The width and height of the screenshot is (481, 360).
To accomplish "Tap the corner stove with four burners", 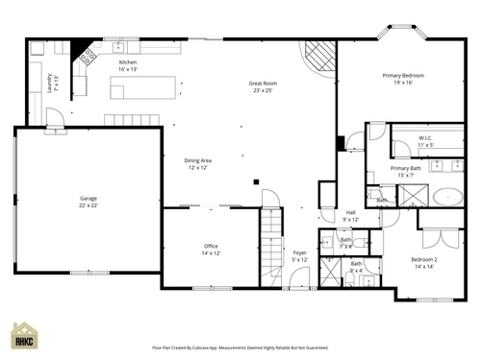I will [87, 56].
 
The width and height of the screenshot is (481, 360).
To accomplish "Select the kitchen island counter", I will [144, 88].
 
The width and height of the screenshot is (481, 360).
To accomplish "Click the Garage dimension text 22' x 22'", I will [88, 205].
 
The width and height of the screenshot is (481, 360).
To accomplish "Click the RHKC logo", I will [24, 337].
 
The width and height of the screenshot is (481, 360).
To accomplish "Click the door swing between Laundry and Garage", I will [55, 117].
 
